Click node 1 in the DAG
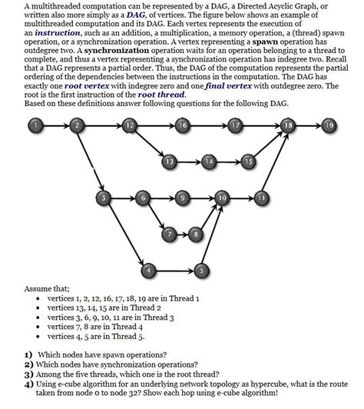coord(34,125)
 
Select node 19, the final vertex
coord(329,125)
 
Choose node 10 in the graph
coord(223,198)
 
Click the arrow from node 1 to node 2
coord(55,125)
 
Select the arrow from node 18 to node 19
coord(309,125)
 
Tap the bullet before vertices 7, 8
coord(38,326)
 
